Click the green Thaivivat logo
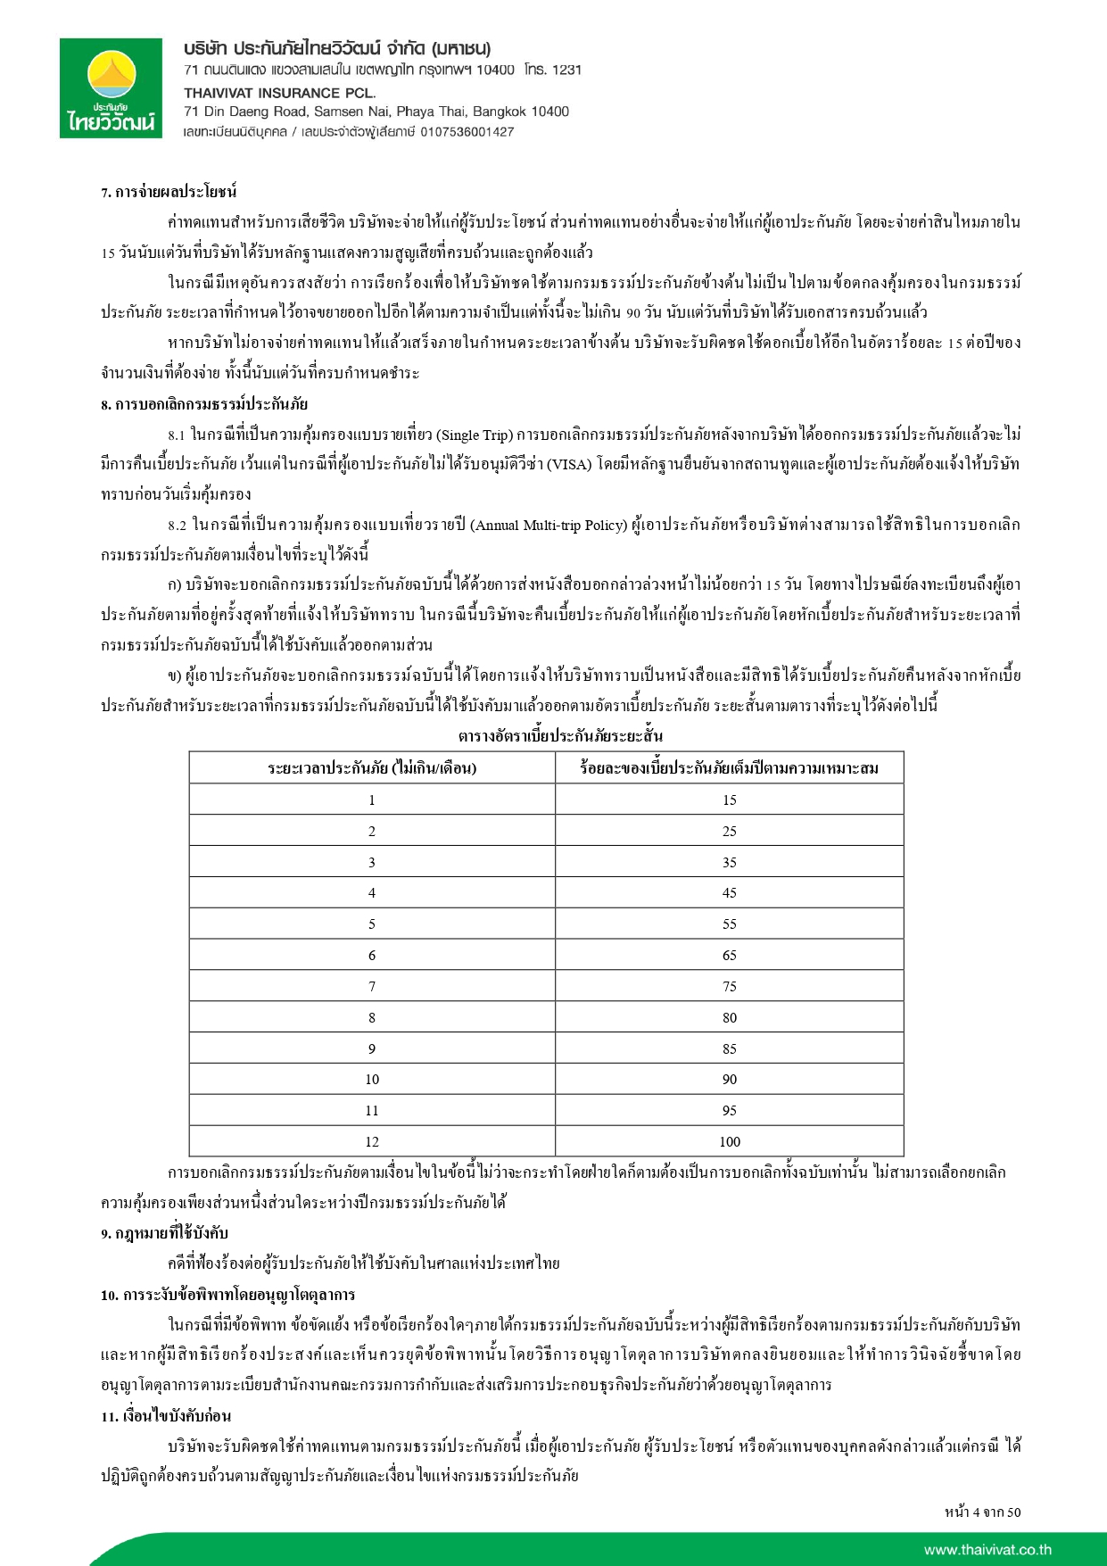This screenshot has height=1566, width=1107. (112, 89)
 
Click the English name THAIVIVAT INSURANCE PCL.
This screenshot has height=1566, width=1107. (280, 92)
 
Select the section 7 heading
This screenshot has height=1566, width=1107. (169, 192)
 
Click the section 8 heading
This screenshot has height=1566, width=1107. (204, 404)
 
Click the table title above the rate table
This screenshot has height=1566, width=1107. (560, 736)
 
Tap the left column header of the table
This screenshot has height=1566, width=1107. (372, 767)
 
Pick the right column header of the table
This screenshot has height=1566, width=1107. (729, 767)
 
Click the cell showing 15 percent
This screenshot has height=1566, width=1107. (729, 800)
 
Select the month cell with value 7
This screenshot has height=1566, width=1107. (372, 986)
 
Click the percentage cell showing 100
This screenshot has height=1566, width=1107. (729, 1141)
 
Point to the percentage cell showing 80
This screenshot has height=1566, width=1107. (729, 1017)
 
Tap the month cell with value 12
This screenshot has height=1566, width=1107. (372, 1141)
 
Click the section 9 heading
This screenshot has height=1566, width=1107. (164, 1233)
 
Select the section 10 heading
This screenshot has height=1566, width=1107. (227, 1295)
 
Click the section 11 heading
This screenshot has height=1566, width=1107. (166, 1416)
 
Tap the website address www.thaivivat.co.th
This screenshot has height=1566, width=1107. (987, 1550)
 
